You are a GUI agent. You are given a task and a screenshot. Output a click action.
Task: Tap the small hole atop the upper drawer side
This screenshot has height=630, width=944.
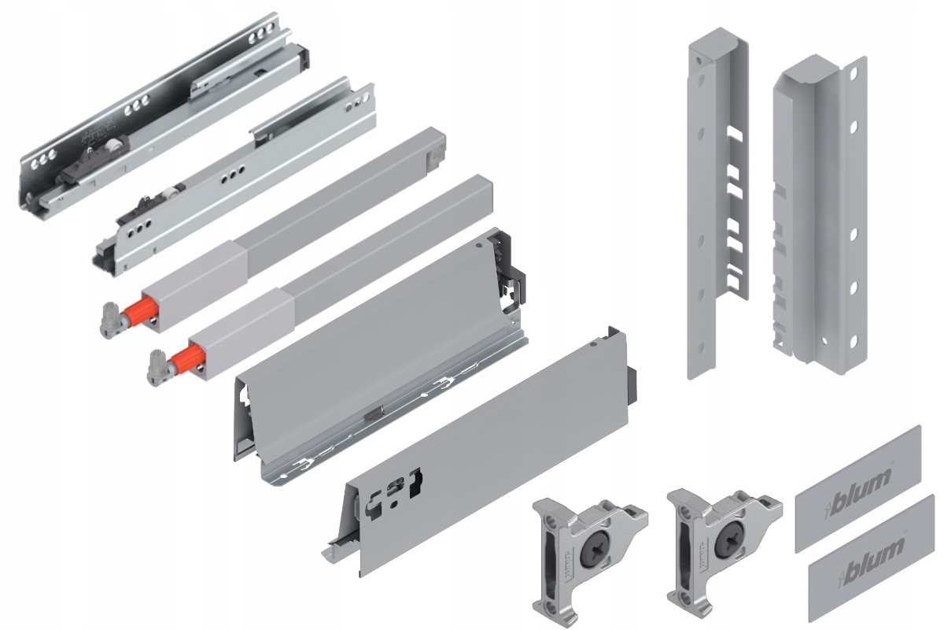point(478,245)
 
